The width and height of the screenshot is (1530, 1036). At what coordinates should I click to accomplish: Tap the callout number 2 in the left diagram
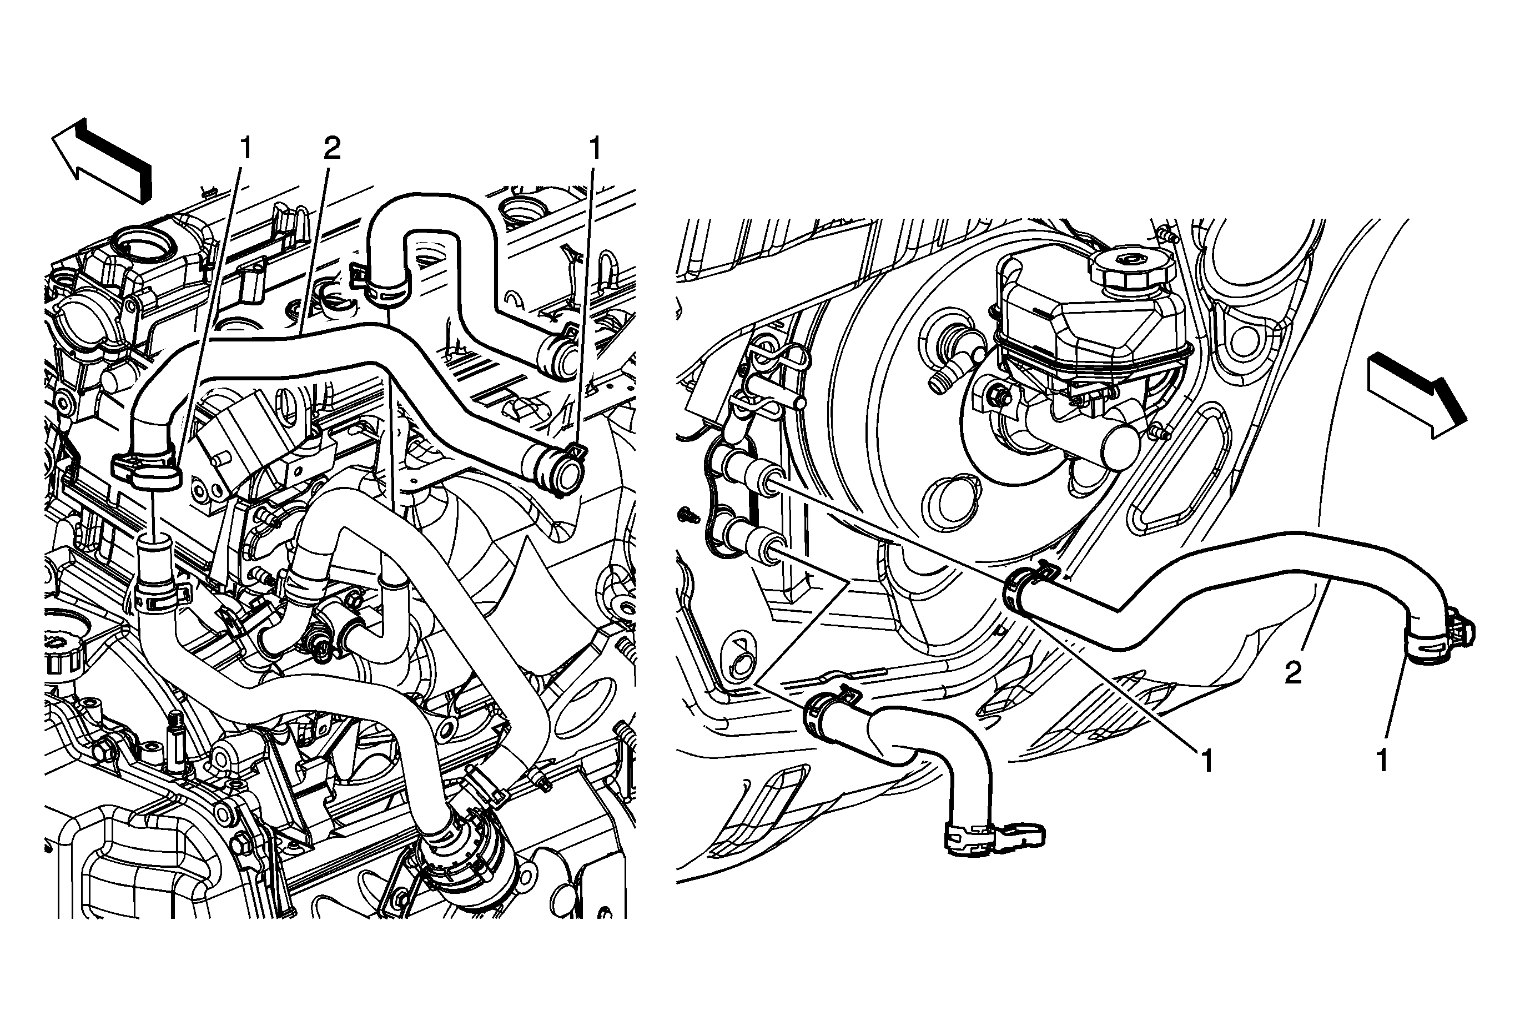[332, 148]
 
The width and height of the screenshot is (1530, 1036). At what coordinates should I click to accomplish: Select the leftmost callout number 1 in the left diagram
[245, 148]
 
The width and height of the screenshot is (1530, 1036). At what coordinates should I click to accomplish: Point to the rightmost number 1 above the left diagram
[595, 148]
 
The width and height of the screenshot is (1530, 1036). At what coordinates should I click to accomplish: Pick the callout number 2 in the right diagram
[1293, 673]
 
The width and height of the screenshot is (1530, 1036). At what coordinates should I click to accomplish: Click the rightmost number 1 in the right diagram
[1382, 761]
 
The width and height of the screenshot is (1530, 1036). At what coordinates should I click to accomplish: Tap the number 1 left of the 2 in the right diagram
[1207, 761]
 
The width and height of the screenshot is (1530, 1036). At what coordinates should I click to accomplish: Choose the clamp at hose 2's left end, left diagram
[149, 469]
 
